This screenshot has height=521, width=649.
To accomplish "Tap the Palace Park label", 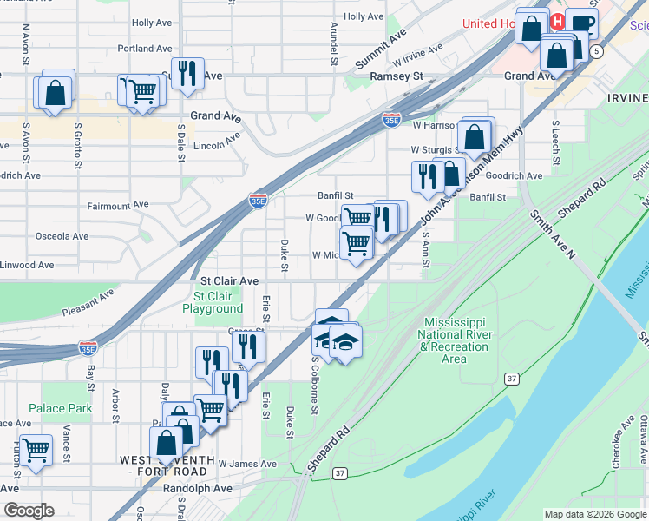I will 60,408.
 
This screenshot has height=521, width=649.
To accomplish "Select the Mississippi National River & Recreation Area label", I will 455,340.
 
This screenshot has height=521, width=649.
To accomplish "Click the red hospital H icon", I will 558,22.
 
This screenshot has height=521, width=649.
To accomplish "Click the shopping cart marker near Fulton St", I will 36,450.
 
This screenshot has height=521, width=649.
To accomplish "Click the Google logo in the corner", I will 29,511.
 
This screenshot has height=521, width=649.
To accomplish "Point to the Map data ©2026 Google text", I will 594,514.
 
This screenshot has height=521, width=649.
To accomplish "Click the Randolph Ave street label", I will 198,488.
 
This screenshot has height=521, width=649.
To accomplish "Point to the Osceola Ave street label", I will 62,235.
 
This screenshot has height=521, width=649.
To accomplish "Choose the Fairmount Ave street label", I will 118,206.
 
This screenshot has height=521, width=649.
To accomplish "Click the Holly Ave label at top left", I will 154,23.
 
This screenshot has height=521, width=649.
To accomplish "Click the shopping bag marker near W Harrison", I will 474,136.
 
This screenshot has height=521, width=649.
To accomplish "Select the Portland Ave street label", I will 145,49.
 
